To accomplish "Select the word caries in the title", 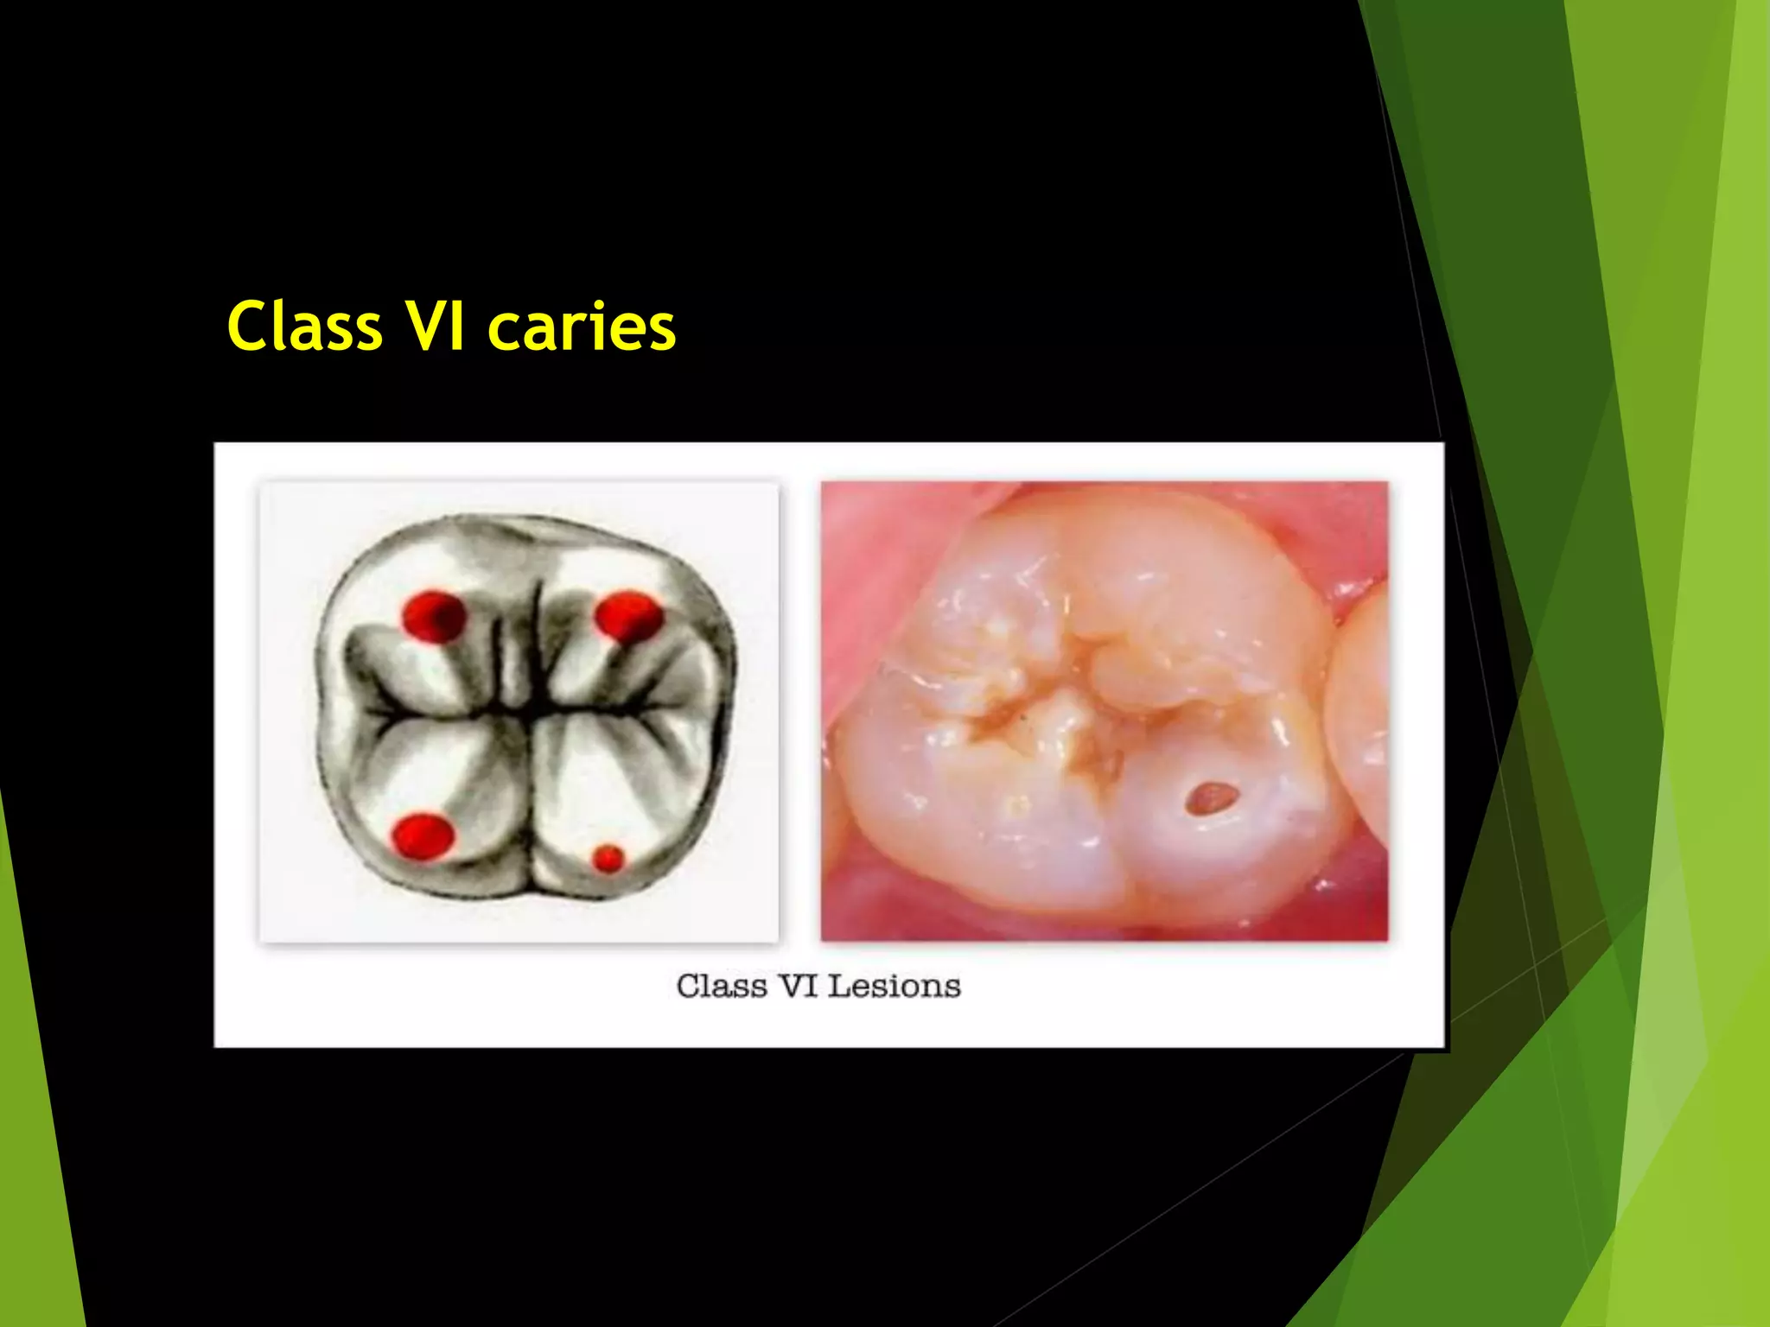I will coord(582,327).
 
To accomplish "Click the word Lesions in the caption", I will coord(895,986).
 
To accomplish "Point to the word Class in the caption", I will coord(722,986).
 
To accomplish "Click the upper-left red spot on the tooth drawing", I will coord(434,616).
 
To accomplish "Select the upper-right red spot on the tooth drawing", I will coord(628,616).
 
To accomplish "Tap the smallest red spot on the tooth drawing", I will coord(608,859).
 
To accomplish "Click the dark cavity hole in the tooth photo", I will coord(1209,797).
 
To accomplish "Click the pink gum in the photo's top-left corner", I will coord(864,536).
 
